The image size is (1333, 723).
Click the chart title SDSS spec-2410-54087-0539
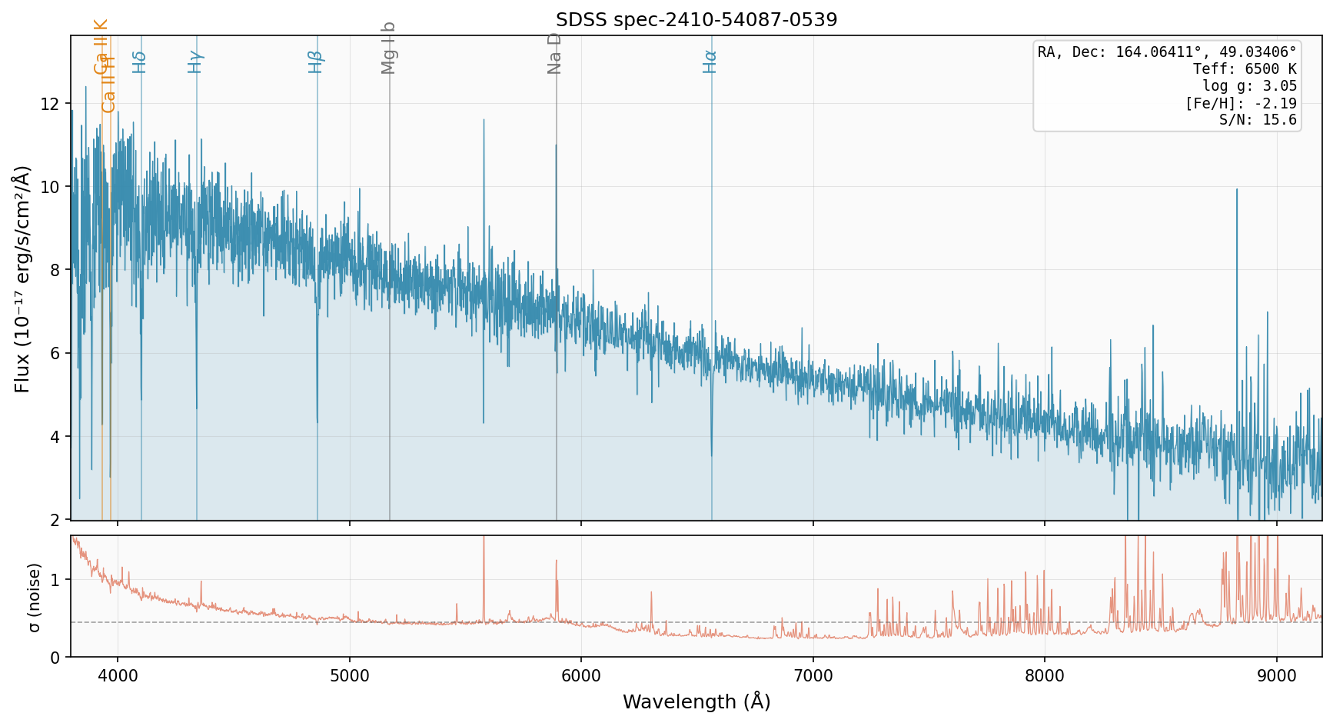[x=696, y=20]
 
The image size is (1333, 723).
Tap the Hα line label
[x=710, y=62]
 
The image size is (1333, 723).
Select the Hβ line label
[x=316, y=62]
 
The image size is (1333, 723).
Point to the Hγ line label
[x=195, y=62]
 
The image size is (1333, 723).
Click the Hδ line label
[x=139, y=62]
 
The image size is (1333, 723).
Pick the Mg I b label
[x=389, y=48]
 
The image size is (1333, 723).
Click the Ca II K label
[x=101, y=46]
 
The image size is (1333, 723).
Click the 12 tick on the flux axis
[x=55, y=104]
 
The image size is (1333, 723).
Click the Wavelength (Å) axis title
[x=696, y=701]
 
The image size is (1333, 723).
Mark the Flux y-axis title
[x=22, y=278]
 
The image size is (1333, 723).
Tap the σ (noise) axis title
[x=34, y=597]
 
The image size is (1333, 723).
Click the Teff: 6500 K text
[x=1245, y=69]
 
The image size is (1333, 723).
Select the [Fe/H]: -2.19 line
[x=1241, y=103]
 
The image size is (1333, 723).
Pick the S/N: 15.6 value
[x=1258, y=120]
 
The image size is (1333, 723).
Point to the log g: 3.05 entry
[x=1249, y=86]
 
